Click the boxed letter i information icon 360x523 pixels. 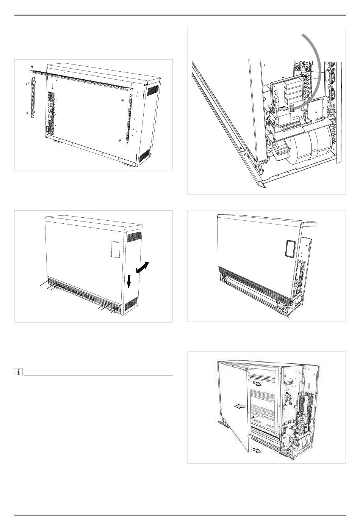click(18, 372)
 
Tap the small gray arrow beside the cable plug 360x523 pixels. click(283, 108)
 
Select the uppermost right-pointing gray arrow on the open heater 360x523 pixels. click(257, 383)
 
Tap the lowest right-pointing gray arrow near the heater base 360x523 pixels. click(257, 450)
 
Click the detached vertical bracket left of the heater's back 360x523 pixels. click(32, 95)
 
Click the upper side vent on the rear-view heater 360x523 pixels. click(152, 90)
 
